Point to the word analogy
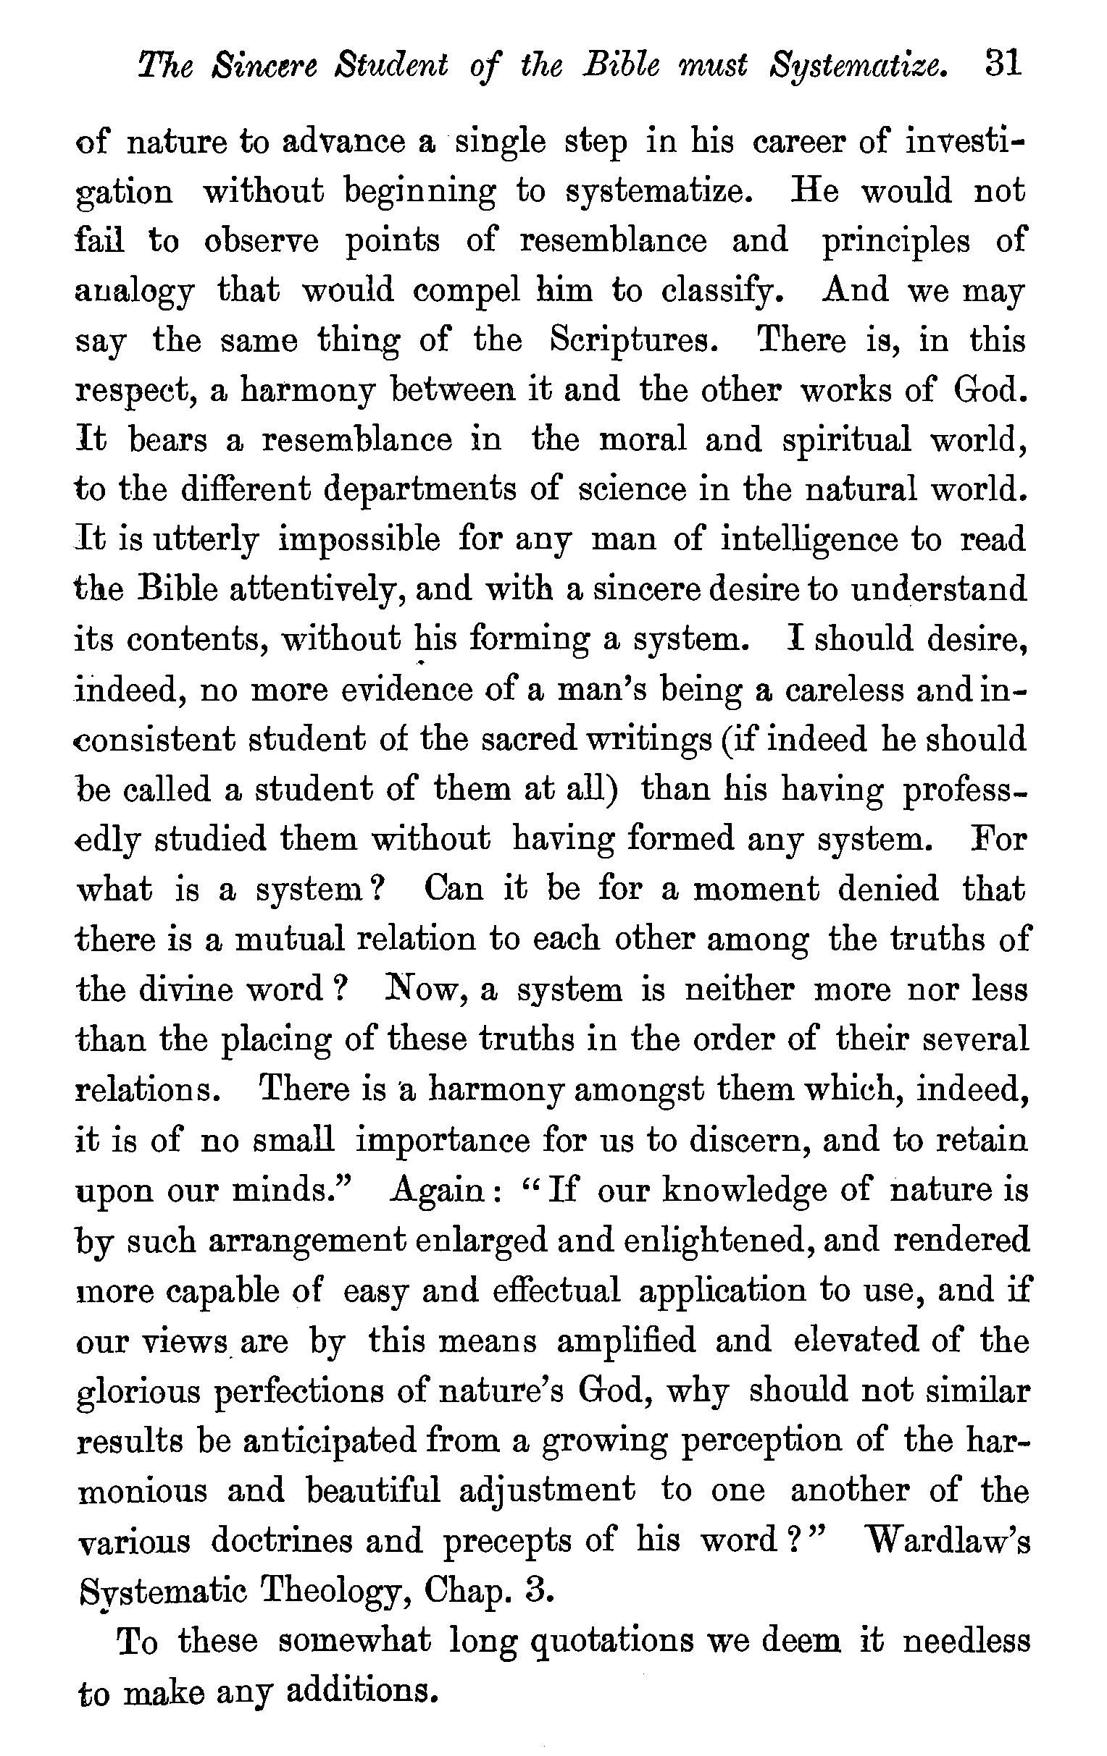click(x=135, y=293)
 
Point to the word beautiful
click(x=373, y=1490)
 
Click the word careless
click(x=843, y=691)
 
